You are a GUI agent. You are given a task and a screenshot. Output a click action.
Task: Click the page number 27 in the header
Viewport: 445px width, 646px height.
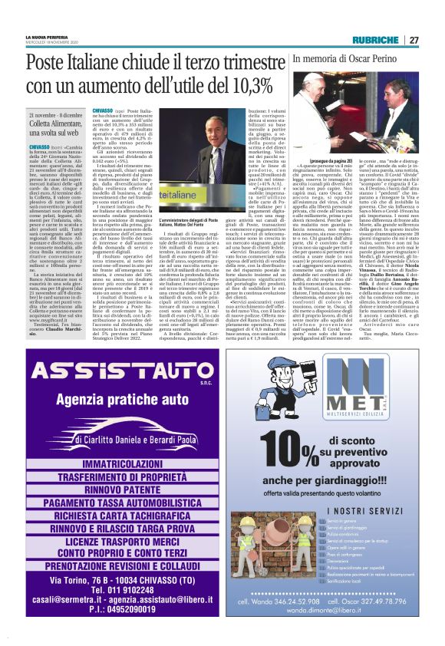pyautogui.click(x=414, y=40)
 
